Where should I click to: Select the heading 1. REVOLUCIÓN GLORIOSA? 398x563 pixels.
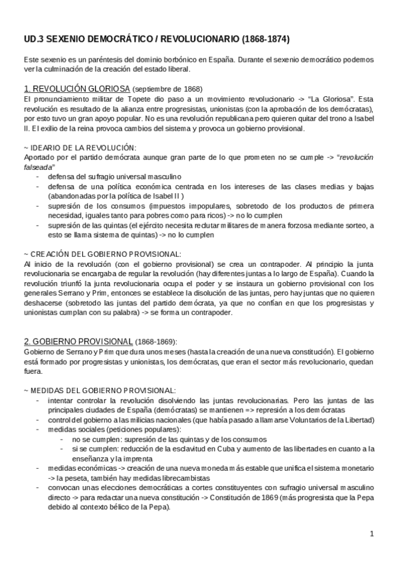(x=76, y=88)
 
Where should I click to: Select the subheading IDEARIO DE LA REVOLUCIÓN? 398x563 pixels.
(x=84, y=147)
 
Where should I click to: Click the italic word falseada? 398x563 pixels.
(x=37, y=167)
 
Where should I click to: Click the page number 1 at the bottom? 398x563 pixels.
(x=372, y=533)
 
